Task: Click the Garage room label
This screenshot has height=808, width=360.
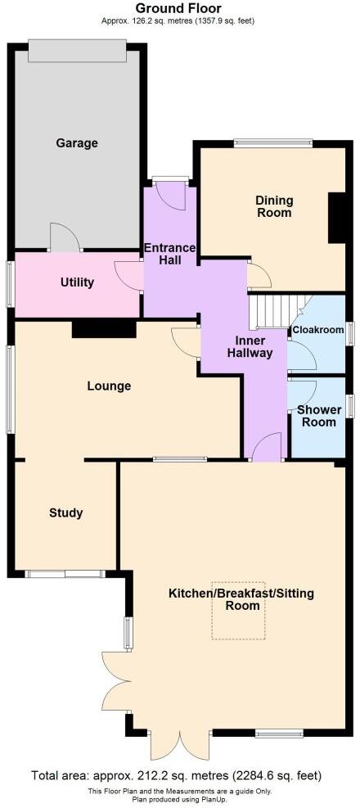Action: click(77, 143)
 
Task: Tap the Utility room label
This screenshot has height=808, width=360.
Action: click(78, 282)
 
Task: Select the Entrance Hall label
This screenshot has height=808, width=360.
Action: click(169, 254)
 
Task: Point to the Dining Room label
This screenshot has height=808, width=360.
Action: click(274, 206)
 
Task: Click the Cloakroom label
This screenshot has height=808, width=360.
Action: click(317, 331)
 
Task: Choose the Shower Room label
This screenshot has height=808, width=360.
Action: click(316, 415)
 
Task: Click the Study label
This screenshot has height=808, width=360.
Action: click(65, 513)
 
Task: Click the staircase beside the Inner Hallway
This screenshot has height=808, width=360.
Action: click(272, 310)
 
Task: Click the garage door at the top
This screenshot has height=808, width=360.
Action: click(77, 50)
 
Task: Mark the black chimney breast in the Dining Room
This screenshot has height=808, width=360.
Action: click(336, 218)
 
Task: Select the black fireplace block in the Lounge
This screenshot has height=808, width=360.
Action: click(103, 328)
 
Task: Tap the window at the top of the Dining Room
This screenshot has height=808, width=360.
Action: click(272, 143)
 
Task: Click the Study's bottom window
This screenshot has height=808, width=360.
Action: click(65, 574)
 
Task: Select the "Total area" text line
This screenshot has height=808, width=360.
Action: click(177, 775)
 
